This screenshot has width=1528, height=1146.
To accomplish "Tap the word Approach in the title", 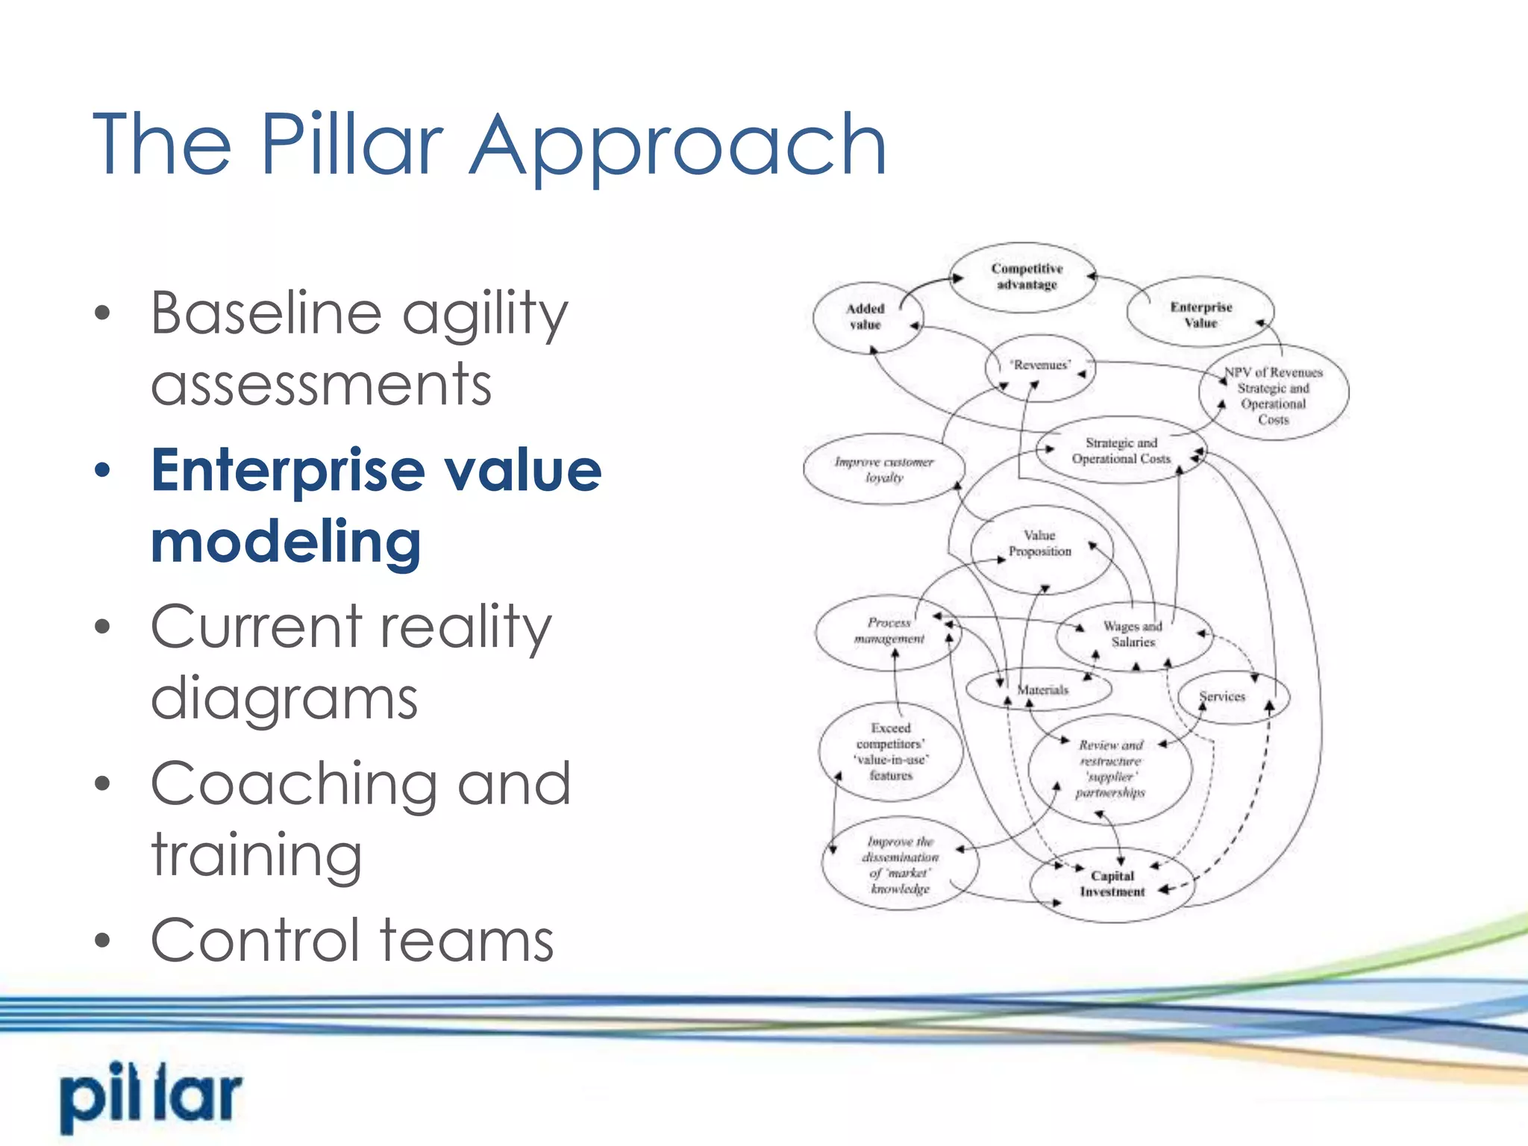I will [x=677, y=145].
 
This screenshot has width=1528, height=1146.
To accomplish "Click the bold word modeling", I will [x=286, y=542].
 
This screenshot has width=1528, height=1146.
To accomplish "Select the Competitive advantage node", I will [x=1027, y=277].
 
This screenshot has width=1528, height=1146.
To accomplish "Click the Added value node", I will [x=865, y=317].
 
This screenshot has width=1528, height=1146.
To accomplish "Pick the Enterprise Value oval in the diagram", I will [x=1200, y=314].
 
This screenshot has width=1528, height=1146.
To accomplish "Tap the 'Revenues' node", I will [x=1040, y=366].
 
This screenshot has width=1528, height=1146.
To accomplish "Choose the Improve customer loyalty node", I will [x=884, y=469].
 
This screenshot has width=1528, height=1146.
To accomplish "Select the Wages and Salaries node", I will [x=1133, y=634].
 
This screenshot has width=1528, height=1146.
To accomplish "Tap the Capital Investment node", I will [x=1112, y=884].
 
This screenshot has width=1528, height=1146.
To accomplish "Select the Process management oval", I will [x=889, y=631].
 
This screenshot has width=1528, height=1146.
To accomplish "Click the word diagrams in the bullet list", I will [x=284, y=699].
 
